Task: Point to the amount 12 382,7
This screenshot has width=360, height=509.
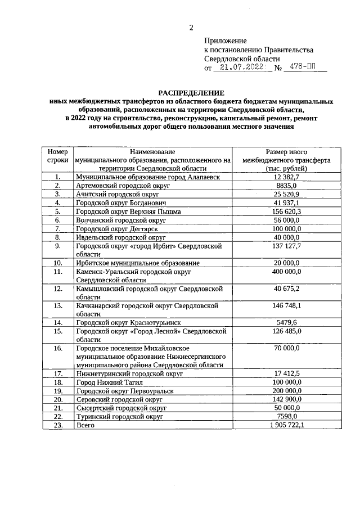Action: click(285, 177)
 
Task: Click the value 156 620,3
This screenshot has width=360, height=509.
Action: click(285, 211)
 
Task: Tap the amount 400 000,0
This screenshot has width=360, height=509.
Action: click(285, 272)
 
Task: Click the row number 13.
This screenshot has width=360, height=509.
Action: click(57, 306)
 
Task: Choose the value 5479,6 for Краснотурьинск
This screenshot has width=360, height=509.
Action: click(285, 323)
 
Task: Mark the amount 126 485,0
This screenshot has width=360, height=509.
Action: click(285, 331)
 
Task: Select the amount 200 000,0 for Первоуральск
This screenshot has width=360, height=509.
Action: click(285, 390)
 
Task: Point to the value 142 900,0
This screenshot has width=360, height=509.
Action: click(285, 399)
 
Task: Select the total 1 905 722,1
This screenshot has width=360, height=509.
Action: click(285, 425)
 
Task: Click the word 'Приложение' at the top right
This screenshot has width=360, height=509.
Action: click(225, 40)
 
